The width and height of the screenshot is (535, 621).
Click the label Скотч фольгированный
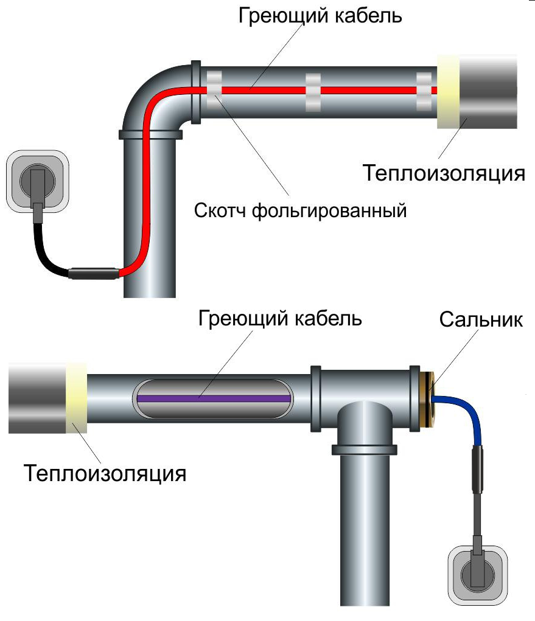299,211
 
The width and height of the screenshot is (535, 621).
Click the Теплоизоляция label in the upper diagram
444,173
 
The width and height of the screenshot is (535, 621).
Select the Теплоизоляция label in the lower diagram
105,472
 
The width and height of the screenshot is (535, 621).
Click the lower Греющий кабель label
280,318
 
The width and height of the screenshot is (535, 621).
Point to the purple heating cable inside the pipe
213,398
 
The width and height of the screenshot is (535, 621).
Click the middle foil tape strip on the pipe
313,92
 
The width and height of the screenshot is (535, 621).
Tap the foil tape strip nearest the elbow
215,91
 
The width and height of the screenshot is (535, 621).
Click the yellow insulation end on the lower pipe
77,397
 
